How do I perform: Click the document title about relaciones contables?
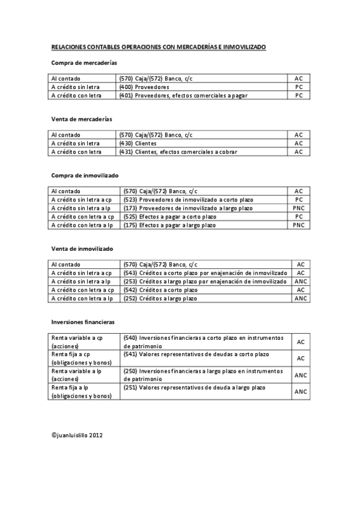tap(158, 46)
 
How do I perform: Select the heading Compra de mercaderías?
tap(84, 63)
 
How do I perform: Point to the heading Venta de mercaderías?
tap(82, 119)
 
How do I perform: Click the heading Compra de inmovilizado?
tap(85, 175)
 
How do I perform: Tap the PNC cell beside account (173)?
tap(299, 207)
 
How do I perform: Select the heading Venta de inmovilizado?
tap(82, 248)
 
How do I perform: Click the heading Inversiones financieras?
tap(84, 322)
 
